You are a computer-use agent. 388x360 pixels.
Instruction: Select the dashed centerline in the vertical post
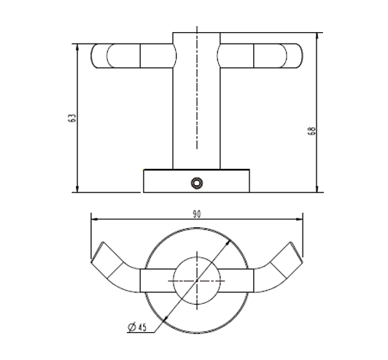point(196,95)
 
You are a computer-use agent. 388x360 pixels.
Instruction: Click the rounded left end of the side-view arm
point(98,56)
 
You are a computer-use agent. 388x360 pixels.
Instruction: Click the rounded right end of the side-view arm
point(294,56)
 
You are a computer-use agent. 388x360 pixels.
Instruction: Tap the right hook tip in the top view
point(295,252)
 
